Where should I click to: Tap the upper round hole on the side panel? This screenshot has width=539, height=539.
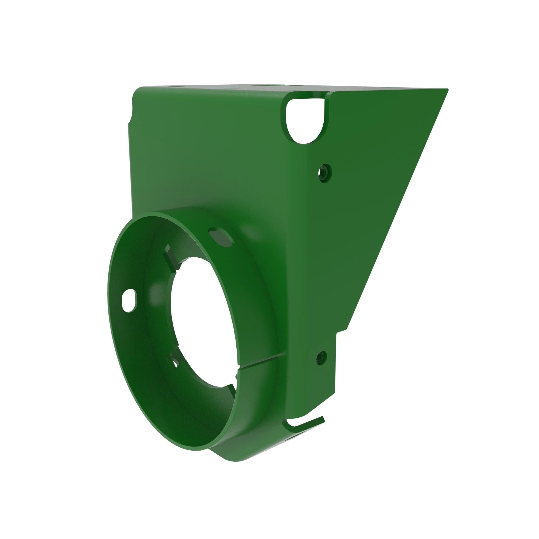pyautogui.click(x=324, y=173)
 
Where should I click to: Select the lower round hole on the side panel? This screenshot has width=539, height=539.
pyautogui.click(x=321, y=358)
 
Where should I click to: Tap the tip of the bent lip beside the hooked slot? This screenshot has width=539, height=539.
pyautogui.click(x=324, y=419)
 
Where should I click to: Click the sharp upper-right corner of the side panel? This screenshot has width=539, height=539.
pyautogui.click(x=447, y=89)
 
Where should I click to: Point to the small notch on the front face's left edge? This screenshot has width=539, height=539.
pyautogui.click(x=130, y=119)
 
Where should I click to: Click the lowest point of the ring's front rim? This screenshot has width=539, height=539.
pyautogui.click(x=195, y=450)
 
